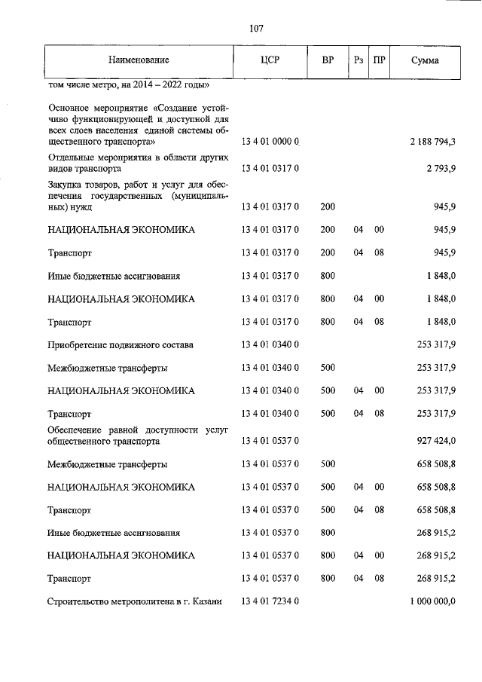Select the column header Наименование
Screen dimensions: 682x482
tap(139, 60)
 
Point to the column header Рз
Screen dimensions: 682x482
tap(358, 60)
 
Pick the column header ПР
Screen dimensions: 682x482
tap(379, 60)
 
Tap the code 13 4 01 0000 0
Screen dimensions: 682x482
tap(270, 142)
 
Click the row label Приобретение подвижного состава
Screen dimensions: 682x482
tap(120, 344)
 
